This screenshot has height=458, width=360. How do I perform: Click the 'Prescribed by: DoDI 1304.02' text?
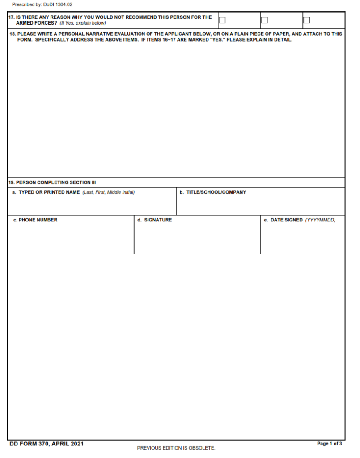pyautogui.click(x=42, y=4)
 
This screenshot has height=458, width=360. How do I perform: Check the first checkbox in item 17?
pyautogui.click(x=222, y=20)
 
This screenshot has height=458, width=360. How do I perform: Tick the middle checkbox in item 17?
pyautogui.click(x=264, y=20)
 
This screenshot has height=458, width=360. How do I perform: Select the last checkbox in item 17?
pyautogui.click(x=307, y=20)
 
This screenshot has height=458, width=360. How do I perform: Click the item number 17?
pyautogui.click(x=11, y=17)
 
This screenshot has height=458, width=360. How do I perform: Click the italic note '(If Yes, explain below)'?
pyautogui.click(x=83, y=23)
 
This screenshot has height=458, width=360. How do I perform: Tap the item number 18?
pyautogui.click(x=12, y=34)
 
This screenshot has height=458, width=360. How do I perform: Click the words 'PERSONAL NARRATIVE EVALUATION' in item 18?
pyautogui.click(x=111, y=34)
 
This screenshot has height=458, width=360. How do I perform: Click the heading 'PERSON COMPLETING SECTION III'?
pyautogui.click(x=55, y=182)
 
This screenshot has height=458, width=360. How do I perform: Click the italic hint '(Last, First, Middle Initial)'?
pyautogui.click(x=109, y=192)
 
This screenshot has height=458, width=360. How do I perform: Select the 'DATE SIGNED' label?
pyautogui.click(x=286, y=220)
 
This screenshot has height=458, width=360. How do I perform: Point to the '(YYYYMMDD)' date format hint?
pyautogui.click(x=320, y=220)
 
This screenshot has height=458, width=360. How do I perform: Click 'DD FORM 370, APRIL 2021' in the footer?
pyautogui.click(x=47, y=444)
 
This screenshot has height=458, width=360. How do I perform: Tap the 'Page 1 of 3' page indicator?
pyautogui.click(x=329, y=444)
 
